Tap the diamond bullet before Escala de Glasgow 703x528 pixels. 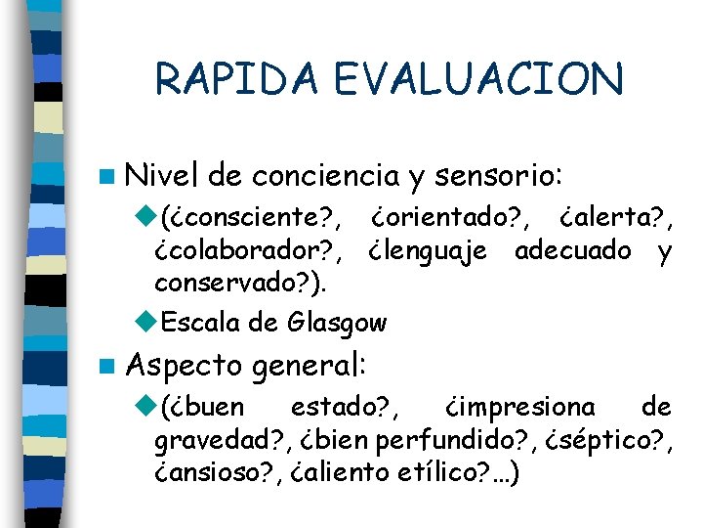point(146,322)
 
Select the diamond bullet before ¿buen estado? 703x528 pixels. point(146,406)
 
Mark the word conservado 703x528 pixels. point(239,285)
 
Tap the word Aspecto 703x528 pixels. point(185,367)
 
